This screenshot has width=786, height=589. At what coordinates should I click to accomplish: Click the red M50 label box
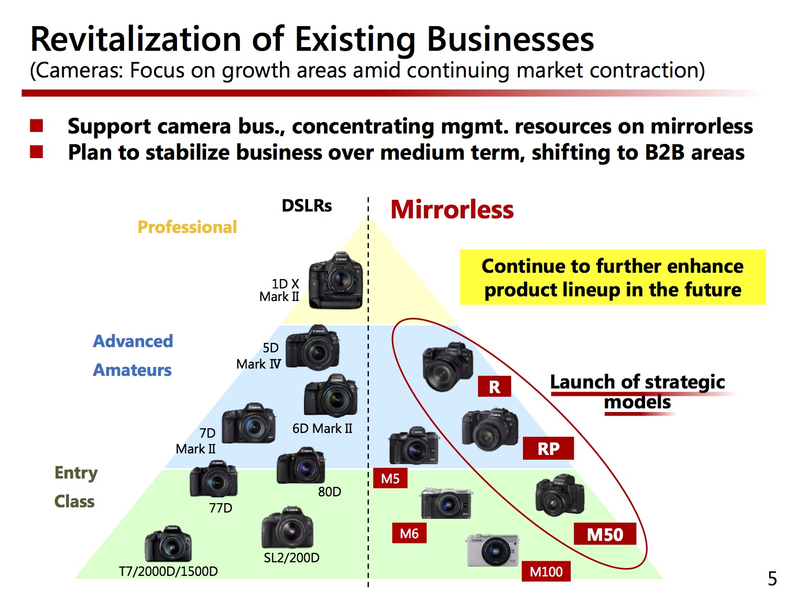click(605, 534)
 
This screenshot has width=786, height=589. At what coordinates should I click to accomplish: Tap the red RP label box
click(548, 448)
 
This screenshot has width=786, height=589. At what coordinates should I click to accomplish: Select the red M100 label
click(545, 572)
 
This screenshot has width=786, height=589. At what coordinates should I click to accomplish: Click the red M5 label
click(390, 478)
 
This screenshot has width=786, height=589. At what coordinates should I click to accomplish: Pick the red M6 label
click(409, 533)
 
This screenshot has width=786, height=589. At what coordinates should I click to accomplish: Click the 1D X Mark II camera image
click(335, 281)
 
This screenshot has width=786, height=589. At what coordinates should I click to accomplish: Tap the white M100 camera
click(494, 550)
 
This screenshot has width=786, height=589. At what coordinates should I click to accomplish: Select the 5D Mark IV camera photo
click(313, 347)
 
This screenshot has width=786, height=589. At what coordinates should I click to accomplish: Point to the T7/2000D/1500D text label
click(168, 572)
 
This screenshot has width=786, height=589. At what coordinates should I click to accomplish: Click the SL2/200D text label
click(291, 558)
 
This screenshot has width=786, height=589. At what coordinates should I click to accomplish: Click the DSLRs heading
click(307, 206)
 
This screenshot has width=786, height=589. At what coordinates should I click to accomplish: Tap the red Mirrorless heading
click(452, 209)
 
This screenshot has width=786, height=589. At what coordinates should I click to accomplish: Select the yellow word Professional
click(187, 227)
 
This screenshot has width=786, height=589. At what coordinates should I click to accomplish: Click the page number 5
click(772, 578)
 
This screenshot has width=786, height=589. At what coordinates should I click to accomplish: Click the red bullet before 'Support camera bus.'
click(37, 126)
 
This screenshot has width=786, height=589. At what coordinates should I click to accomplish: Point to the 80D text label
click(330, 492)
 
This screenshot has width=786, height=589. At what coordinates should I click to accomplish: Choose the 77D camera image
click(213, 479)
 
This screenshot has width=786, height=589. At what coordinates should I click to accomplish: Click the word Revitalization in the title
click(136, 39)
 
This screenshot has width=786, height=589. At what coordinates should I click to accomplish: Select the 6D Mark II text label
click(322, 428)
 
